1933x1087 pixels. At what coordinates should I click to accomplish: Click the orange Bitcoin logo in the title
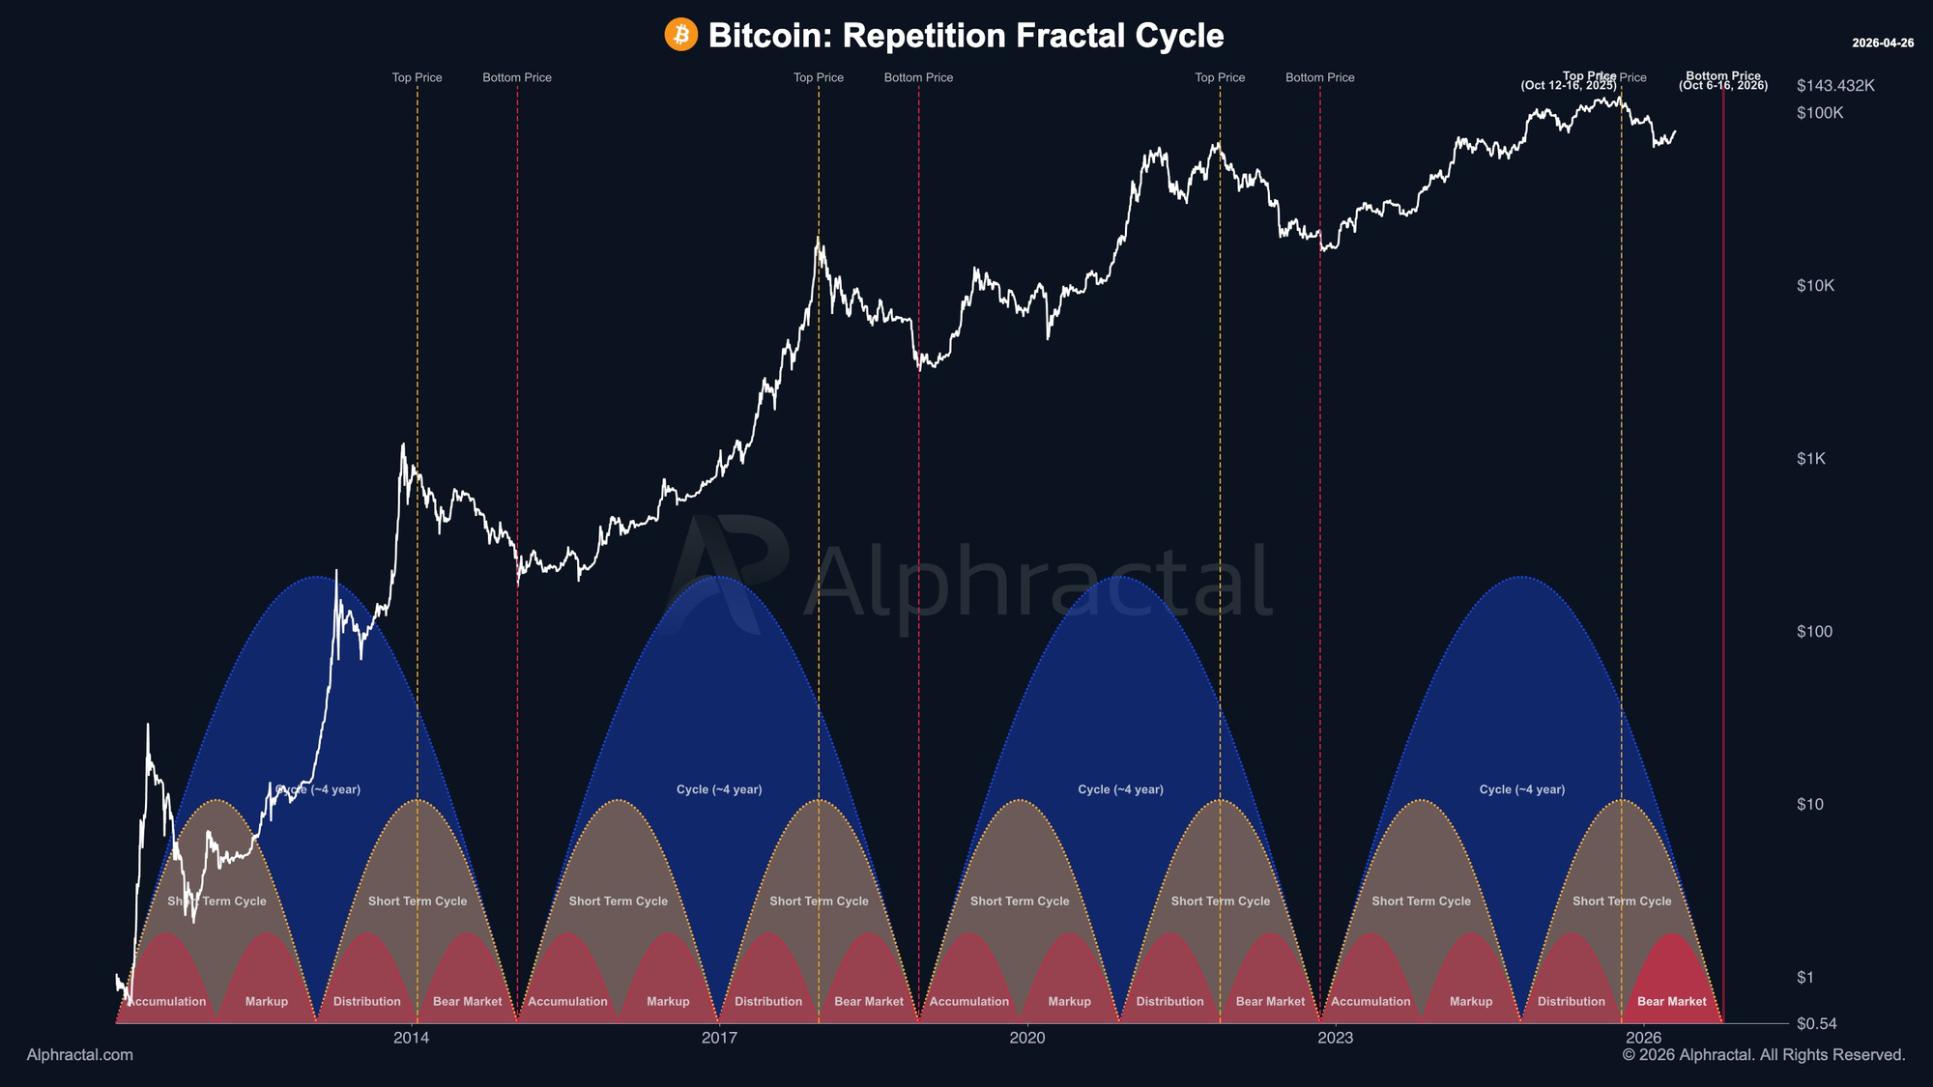point(680,35)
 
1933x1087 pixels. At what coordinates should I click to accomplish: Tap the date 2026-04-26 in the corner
point(1883,43)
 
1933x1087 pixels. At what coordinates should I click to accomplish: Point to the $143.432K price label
point(1835,86)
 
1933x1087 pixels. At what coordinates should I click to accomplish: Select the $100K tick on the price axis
point(1820,113)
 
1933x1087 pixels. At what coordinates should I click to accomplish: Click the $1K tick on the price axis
point(1811,459)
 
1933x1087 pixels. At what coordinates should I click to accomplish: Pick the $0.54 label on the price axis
point(1816,1024)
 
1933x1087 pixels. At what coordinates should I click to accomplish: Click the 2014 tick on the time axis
point(411,1039)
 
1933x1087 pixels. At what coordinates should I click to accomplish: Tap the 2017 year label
point(719,1039)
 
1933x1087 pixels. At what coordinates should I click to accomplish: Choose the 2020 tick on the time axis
point(1026,1039)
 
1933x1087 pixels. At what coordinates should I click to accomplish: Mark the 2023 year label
point(1335,1039)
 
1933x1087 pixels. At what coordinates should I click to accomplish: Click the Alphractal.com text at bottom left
point(80,1055)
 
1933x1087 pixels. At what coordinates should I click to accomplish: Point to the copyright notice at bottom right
point(1764,1055)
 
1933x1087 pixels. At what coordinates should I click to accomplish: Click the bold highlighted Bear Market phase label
point(1672,1002)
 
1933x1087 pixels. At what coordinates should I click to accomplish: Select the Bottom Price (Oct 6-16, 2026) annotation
point(1723,81)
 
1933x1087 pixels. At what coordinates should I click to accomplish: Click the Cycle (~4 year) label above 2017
point(719,789)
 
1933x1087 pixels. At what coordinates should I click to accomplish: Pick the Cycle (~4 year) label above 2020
point(1120,789)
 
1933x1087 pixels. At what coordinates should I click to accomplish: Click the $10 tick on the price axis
point(1809,805)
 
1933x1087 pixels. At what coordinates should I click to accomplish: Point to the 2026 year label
point(1643,1039)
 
